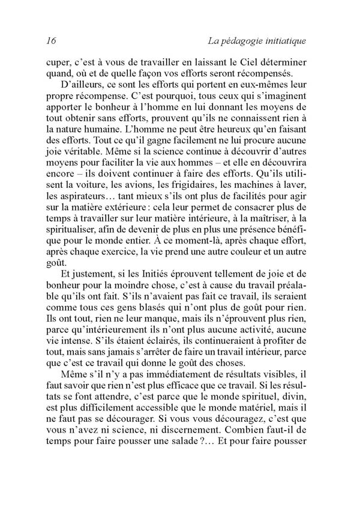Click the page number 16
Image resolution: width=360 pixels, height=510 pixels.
(50, 41)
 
